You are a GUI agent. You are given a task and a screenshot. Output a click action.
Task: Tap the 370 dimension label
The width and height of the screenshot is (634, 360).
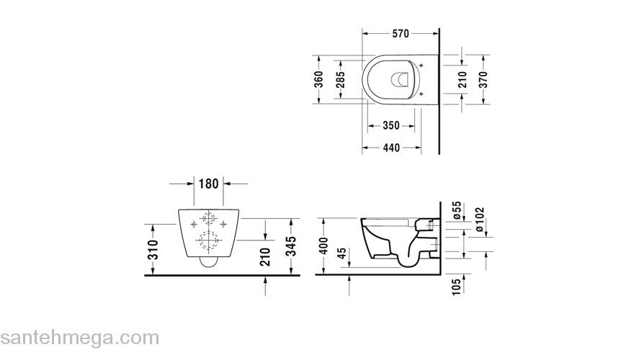[483, 79]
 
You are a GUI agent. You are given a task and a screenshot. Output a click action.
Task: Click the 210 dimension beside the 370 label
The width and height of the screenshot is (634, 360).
[462, 79]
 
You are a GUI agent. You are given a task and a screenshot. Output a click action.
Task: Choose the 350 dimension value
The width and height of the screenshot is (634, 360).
[390, 125]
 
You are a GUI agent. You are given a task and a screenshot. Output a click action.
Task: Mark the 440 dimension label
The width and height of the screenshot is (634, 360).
[390, 148]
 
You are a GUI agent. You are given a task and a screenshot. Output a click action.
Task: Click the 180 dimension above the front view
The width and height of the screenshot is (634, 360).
[207, 184]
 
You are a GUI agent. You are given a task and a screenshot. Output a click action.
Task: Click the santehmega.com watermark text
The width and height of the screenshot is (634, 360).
[79, 337]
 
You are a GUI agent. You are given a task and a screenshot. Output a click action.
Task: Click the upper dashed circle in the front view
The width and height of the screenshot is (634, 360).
[208, 221]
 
